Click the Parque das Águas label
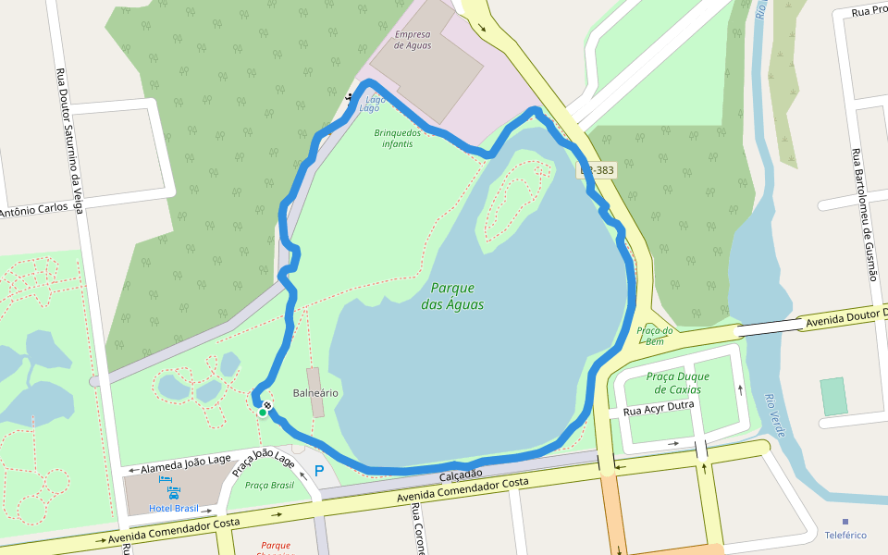coord(452,296)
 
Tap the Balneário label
coord(315,393)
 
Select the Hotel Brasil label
coord(174,508)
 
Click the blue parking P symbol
coord(319,472)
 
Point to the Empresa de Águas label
coord(413,40)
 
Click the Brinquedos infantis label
coord(398,139)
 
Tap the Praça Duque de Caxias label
coord(678,383)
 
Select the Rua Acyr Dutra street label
coord(659,405)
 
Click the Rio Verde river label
coord(775,414)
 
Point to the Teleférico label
coord(845,535)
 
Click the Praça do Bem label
coord(655,336)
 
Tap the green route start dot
coord(263,413)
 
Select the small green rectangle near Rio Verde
coord(833,396)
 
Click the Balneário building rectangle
coord(315,391)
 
